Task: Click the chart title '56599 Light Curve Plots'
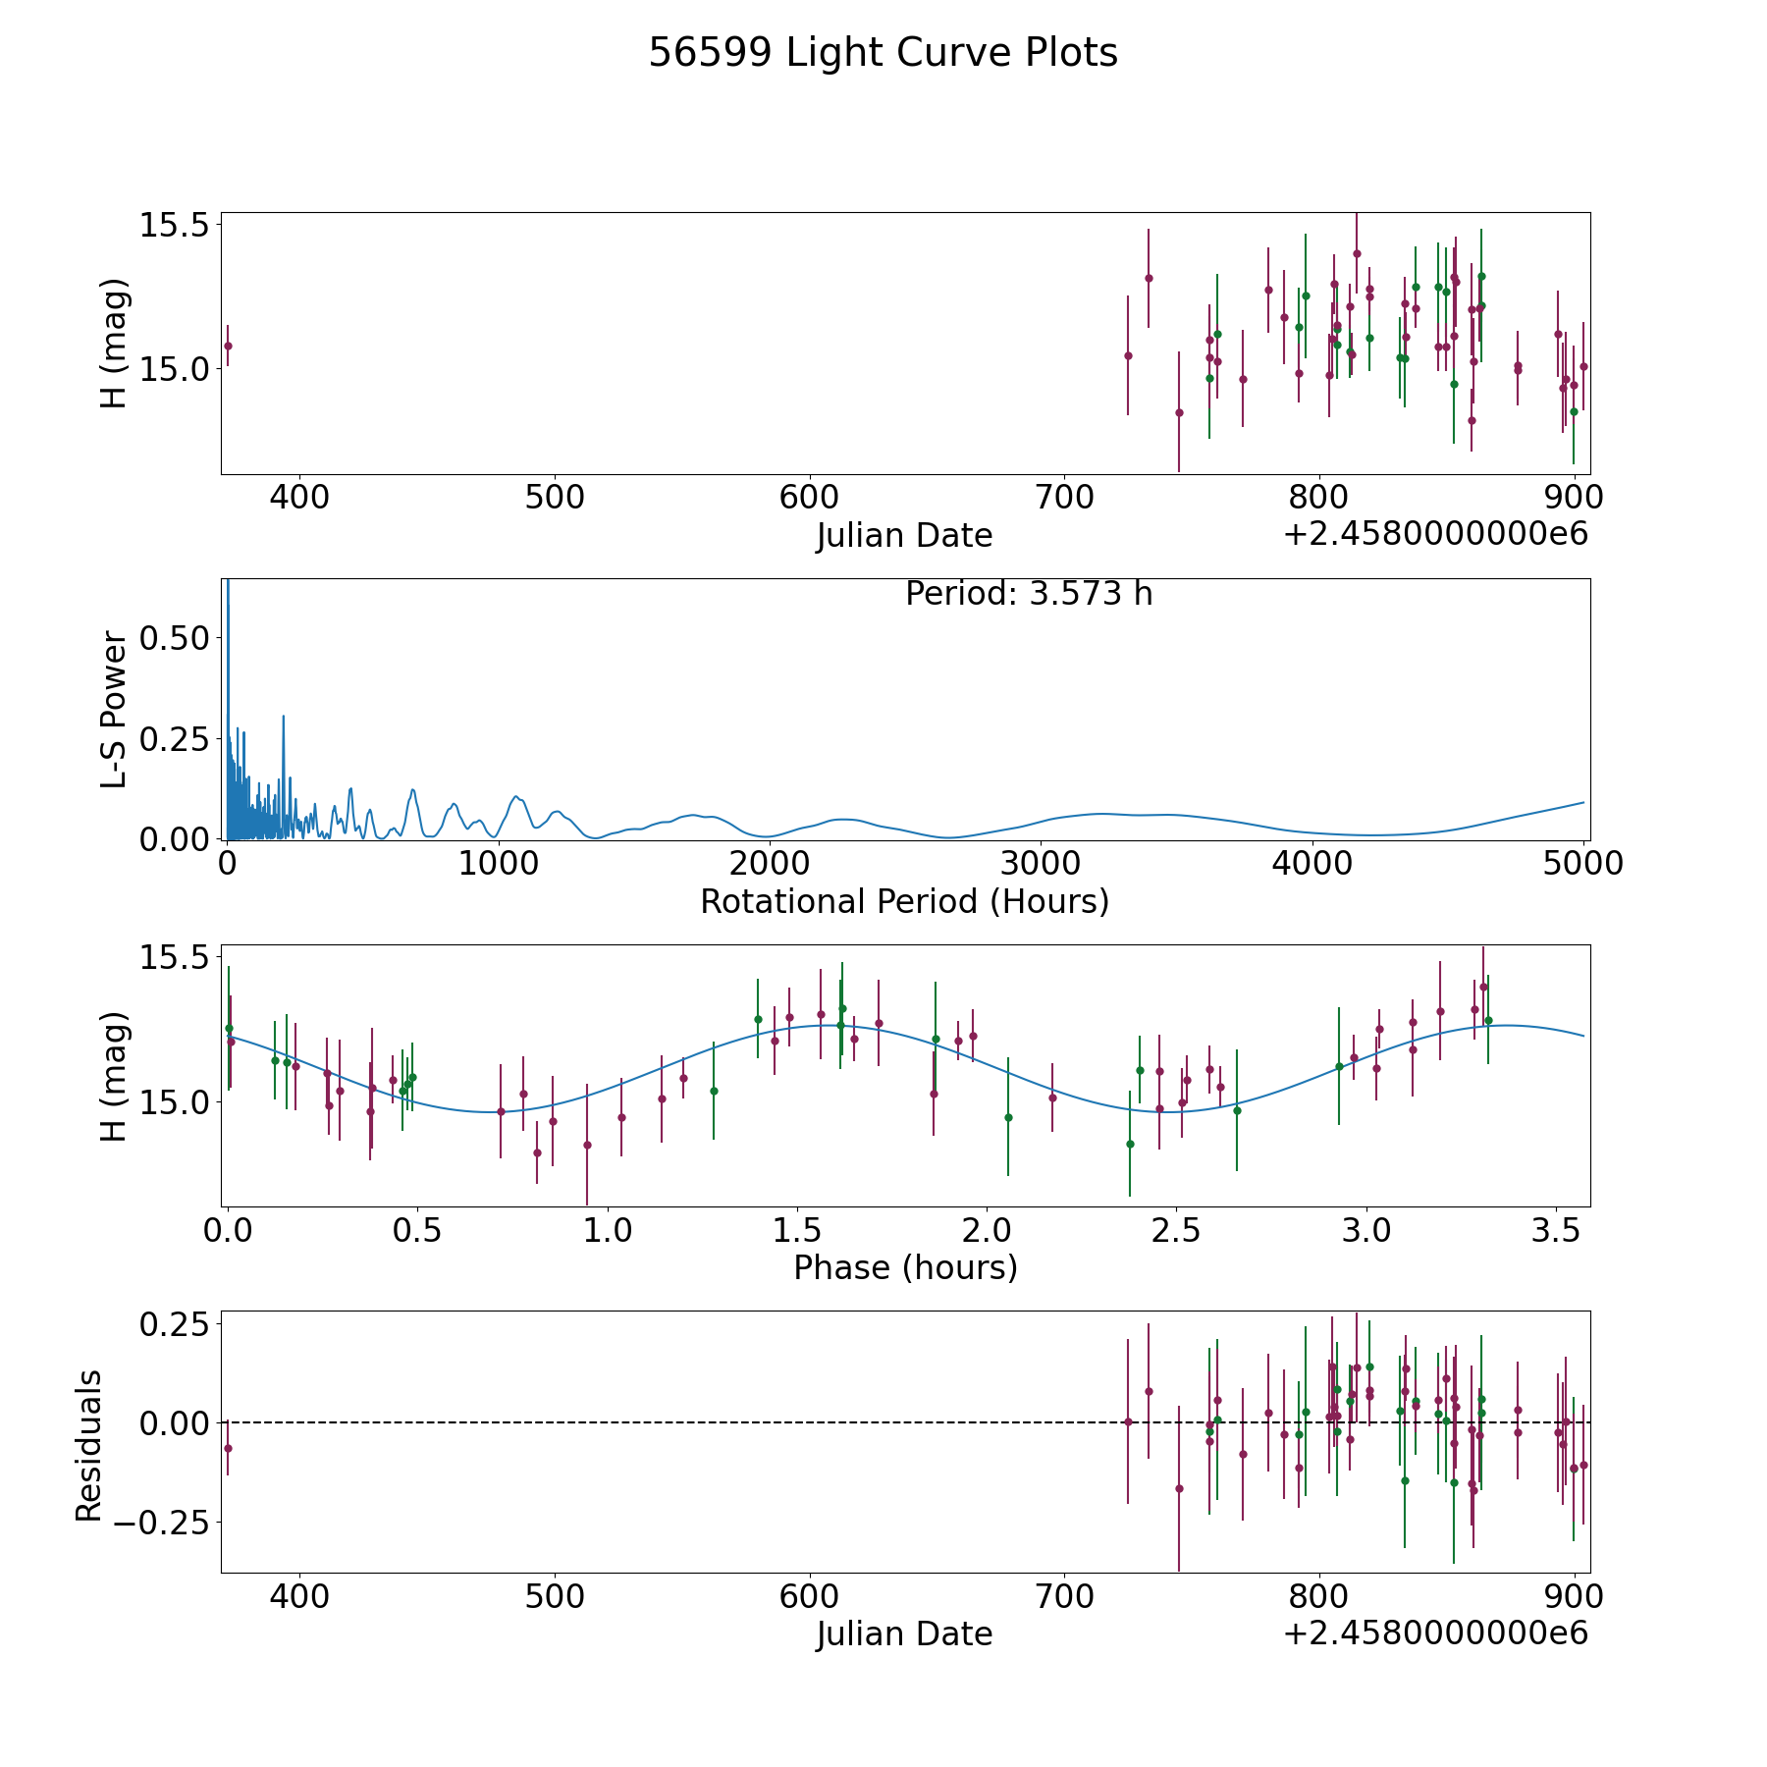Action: (x=883, y=53)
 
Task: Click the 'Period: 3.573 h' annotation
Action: (x=1029, y=594)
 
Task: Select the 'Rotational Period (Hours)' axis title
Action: (x=904, y=901)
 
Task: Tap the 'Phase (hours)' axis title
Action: (x=905, y=1267)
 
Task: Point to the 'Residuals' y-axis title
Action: (x=88, y=1445)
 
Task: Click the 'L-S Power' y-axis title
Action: (x=114, y=709)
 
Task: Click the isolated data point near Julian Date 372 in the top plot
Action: (x=228, y=346)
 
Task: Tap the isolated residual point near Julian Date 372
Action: (x=228, y=1448)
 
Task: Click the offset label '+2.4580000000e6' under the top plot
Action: (x=1435, y=534)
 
